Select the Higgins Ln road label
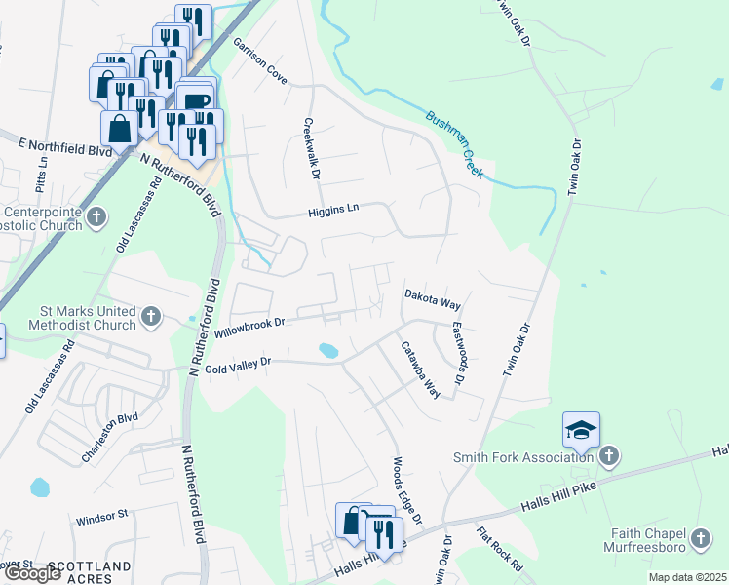334,208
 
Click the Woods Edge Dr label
406,489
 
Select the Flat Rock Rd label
500,549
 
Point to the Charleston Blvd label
110,432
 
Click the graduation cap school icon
581,430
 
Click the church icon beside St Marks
150,316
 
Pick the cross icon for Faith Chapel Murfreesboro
700,538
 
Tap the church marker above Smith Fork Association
609,455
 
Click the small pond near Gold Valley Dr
328,349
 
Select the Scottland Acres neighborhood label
89,566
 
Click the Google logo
32,573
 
